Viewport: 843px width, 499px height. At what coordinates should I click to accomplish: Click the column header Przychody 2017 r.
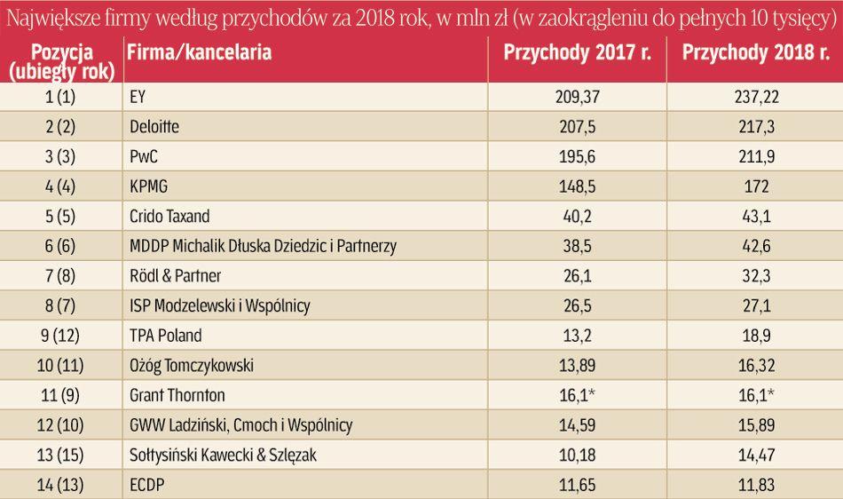pos(578,52)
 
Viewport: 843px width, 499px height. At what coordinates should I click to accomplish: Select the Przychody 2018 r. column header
pos(755,52)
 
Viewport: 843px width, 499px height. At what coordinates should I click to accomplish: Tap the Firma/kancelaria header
pos(199,52)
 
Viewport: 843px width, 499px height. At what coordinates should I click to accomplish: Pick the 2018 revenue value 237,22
pos(755,97)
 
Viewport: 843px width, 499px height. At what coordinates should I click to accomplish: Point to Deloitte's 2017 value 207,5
pos(578,127)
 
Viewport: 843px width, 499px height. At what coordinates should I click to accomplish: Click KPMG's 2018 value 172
pos(755,187)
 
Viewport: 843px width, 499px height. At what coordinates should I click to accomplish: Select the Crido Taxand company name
pos(169,217)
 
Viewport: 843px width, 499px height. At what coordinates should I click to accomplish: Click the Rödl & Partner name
pos(175,276)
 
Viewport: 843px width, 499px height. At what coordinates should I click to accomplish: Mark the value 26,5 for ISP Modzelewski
pos(578,306)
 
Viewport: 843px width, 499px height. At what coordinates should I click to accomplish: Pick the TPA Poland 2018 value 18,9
pos(755,336)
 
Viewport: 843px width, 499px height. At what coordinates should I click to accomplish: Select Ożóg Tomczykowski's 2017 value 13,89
pos(578,366)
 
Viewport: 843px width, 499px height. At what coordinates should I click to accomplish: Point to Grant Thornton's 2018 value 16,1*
pos(757,395)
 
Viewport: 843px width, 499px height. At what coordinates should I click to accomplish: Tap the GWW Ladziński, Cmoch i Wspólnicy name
pos(240,425)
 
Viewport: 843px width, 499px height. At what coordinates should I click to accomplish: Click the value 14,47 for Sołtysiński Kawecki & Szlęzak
pos(755,455)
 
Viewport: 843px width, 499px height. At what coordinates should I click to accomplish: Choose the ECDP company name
pos(147,485)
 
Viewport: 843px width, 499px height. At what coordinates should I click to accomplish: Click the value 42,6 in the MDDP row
pos(755,247)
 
